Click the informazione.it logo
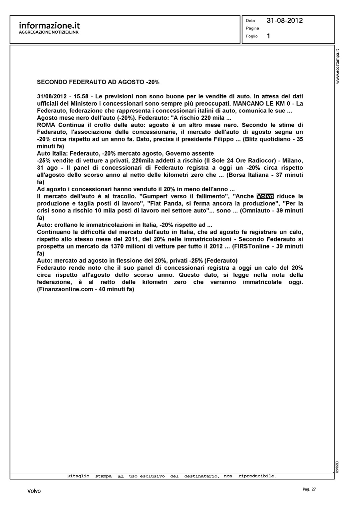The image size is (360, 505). click(50, 26)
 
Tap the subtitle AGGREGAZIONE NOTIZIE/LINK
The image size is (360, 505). click(48, 32)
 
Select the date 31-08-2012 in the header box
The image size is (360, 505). click(285, 21)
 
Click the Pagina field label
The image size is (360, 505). click(252, 28)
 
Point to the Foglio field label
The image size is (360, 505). click(252, 36)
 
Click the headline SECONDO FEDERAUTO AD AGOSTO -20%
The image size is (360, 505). click(98, 82)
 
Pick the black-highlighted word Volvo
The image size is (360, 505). click(265, 196)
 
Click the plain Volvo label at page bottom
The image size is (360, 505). click(34, 491)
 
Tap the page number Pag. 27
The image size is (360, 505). click(309, 489)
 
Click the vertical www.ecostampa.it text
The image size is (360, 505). click(338, 66)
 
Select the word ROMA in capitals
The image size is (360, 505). click(45, 125)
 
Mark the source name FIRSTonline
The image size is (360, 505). click(251, 246)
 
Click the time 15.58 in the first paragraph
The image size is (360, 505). click(81, 97)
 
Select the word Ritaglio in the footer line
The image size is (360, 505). click(78, 476)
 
